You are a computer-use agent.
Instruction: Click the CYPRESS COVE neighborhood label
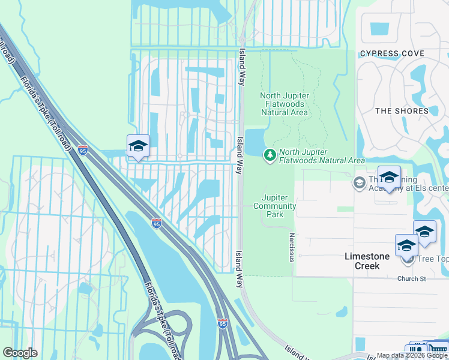coord(392,54)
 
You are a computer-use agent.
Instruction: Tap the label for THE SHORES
coord(402,111)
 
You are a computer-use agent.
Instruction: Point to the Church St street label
coord(411,278)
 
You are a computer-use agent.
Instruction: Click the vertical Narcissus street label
coord(292,248)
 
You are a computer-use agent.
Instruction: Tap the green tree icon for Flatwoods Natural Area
coord(270,155)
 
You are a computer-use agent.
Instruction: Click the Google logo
coord(20,353)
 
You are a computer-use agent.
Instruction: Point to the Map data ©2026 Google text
coord(412,355)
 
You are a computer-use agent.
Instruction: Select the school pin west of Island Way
coord(138,146)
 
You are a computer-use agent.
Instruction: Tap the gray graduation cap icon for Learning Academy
coord(360,182)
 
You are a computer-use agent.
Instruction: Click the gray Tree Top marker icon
coord(409,259)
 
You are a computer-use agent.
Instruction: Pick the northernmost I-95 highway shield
coord(83,150)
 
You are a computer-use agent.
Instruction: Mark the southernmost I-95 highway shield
coord(223,324)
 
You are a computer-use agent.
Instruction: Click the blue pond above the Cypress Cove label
coord(379,28)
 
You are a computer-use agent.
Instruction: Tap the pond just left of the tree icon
coord(255,142)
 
